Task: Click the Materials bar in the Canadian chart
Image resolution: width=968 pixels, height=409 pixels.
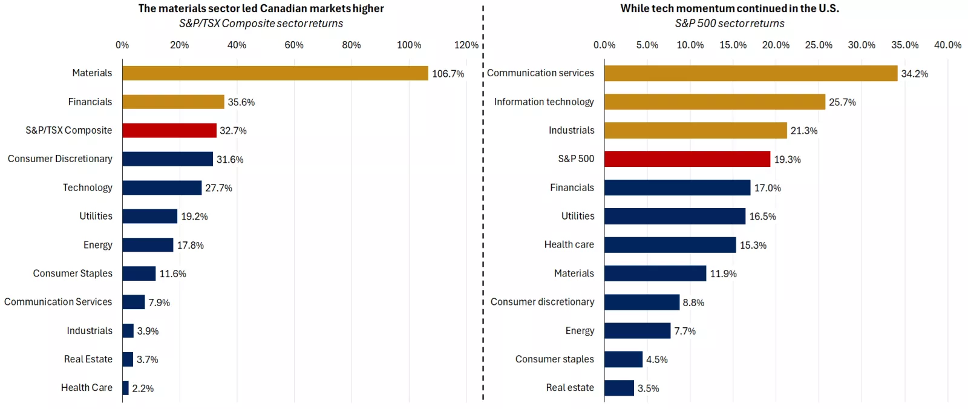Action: click(x=275, y=73)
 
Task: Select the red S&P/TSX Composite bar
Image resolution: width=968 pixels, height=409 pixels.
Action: click(x=169, y=131)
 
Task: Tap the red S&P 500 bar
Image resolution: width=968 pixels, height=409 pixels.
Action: click(x=687, y=159)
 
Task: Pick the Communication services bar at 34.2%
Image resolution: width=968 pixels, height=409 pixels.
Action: click(x=750, y=73)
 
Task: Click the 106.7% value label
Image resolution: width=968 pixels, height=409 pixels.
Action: click(x=448, y=74)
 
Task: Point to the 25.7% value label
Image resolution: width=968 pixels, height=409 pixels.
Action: click(x=842, y=102)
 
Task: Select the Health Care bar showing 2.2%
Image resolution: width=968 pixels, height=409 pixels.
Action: click(x=125, y=388)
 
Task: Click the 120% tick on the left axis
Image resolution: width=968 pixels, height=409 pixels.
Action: click(x=466, y=45)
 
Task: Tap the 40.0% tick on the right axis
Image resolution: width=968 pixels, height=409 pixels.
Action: click(x=947, y=45)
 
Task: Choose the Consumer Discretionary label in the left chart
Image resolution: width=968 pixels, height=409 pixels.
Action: click(x=60, y=159)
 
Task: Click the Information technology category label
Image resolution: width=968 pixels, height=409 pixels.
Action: click(x=543, y=102)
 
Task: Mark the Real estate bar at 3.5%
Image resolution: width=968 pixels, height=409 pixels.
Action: click(x=619, y=388)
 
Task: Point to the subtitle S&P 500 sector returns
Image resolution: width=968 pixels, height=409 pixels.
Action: click(x=729, y=24)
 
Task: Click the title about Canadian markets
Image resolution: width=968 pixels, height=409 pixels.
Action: click(x=261, y=8)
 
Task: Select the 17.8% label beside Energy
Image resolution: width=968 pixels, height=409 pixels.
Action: click(x=190, y=245)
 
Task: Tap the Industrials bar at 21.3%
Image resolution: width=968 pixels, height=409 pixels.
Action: click(x=695, y=131)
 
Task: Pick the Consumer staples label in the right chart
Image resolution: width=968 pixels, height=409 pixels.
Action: click(x=554, y=359)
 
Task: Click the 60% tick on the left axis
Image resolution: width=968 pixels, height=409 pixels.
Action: click(x=294, y=45)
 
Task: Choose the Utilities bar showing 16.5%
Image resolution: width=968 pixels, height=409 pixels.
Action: click(x=675, y=216)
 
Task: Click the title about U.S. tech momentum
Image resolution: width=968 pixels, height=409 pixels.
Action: click(x=729, y=8)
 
